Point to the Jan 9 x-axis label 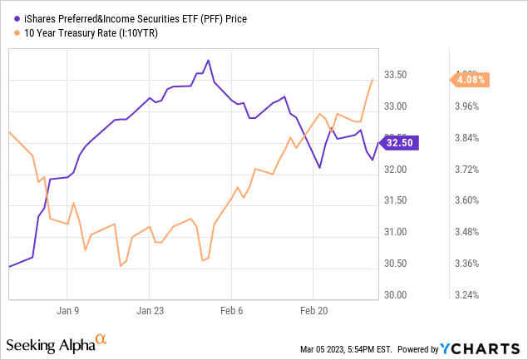[x=67, y=310]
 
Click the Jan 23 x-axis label [x=150, y=310]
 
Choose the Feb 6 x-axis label [x=231, y=310]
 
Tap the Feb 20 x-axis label [x=313, y=310]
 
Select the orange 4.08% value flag [x=469, y=80]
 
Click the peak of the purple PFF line [x=208, y=60]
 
